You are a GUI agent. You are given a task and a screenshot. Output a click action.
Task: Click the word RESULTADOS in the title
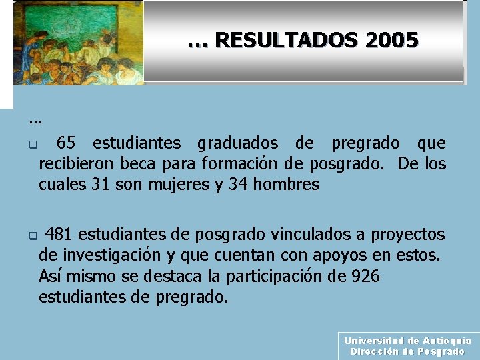[287, 41]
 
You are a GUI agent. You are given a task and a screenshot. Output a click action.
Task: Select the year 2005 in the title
[392, 41]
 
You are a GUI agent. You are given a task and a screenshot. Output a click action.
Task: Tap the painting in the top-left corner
[78, 43]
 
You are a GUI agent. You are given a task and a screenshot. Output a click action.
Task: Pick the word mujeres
[181, 185]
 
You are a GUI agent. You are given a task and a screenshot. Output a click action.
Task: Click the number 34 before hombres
[239, 184]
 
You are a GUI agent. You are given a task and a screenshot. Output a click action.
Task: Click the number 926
[364, 276]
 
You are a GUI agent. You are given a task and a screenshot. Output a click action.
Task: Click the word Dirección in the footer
[375, 351]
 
